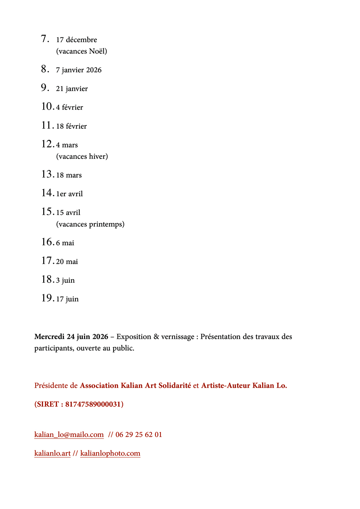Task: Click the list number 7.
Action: [45, 38]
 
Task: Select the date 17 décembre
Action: [76, 40]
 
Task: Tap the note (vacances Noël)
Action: [81, 51]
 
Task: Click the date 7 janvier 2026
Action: [78, 70]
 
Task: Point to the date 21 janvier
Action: [72, 89]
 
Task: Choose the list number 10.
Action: [47, 106]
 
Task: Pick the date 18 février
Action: [71, 126]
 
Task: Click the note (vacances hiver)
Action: [82, 156]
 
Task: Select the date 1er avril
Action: [69, 194]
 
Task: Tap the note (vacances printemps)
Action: [90, 224]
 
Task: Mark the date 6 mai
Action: [65, 243]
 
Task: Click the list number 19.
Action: [47, 298]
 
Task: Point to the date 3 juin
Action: [65, 281]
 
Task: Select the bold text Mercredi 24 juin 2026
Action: [71, 337]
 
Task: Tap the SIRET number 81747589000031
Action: [93, 404]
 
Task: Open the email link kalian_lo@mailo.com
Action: [69, 435]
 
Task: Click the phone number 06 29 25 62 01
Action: [139, 435]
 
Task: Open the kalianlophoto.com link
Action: [110, 453]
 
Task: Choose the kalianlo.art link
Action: [52, 453]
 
